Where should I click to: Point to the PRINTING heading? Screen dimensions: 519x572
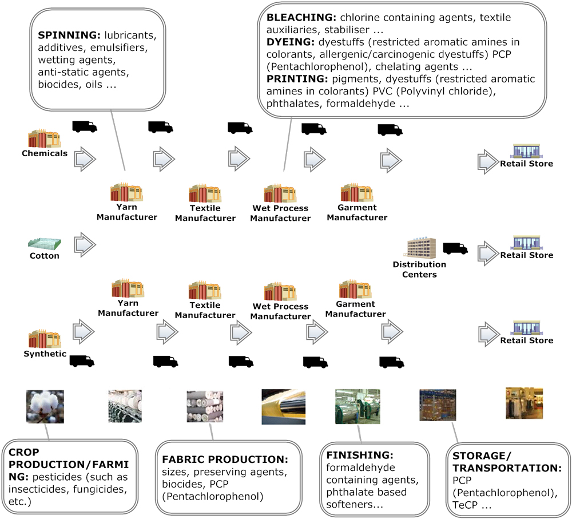[x=292, y=79]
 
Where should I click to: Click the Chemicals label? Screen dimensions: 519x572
[x=45, y=153]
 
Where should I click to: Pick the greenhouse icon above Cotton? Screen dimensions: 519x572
[x=45, y=243]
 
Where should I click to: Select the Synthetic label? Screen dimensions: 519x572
[x=45, y=354]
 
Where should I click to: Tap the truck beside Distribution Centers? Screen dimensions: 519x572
[x=455, y=248]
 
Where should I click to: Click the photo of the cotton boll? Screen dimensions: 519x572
[x=45, y=406]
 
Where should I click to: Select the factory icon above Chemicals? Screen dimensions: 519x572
[x=45, y=139]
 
